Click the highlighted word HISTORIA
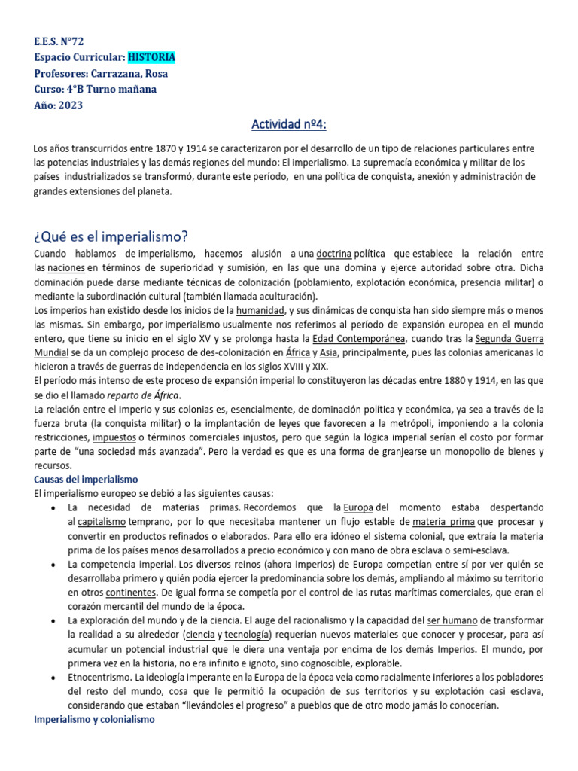[x=151, y=57]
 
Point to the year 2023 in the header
[x=69, y=105]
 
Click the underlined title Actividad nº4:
[x=289, y=123]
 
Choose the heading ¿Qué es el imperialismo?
[x=111, y=236]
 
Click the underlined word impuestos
[x=114, y=437]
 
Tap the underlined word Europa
[x=357, y=507]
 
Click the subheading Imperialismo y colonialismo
[x=94, y=719]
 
